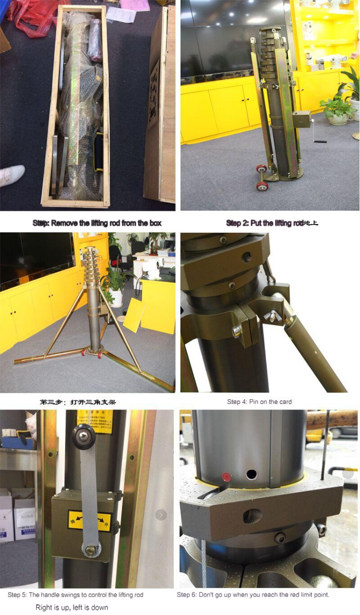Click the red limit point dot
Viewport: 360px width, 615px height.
click(x=226, y=477)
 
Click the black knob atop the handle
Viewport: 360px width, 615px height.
click(x=84, y=436)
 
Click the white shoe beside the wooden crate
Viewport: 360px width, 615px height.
click(x=12, y=175)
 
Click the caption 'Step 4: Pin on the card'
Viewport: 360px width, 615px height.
click(x=259, y=402)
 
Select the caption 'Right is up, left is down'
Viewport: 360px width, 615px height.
click(x=72, y=607)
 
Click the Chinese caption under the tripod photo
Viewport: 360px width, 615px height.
click(x=77, y=402)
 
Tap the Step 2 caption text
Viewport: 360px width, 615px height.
click(x=272, y=223)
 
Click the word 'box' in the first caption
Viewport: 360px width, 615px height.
click(x=155, y=223)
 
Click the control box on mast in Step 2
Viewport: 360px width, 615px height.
click(x=301, y=119)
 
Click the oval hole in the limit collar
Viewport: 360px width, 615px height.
click(x=253, y=516)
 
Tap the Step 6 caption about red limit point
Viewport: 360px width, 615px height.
click(x=253, y=595)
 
